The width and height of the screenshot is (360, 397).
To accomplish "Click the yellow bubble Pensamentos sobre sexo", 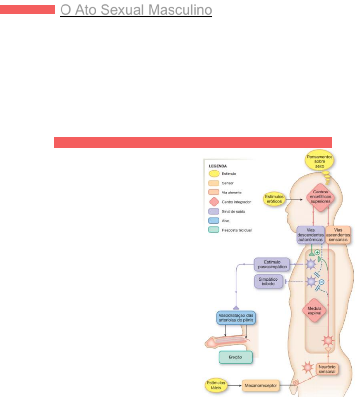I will pyautogui.click(x=319, y=161).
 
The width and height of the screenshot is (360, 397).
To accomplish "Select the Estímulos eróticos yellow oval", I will pyautogui.click(x=274, y=199).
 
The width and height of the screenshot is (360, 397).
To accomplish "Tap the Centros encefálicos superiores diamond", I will pyautogui.click(x=320, y=197).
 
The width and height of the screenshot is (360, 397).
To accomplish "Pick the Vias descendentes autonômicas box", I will pyautogui.click(x=310, y=235).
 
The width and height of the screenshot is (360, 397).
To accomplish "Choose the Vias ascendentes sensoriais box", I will pyautogui.click(x=338, y=235).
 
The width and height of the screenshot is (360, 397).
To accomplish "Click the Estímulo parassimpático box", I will pyautogui.click(x=272, y=264).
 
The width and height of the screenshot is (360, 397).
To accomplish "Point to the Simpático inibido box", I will pyautogui.click(x=268, y=281).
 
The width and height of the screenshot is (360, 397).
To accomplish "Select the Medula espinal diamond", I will pyautogui.click(x=314, y=311).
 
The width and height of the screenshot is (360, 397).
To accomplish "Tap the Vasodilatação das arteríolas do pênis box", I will pyautogui.click(x=236, y=318).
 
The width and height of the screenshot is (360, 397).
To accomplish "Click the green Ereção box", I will pyautogui.click(x=235, y=357).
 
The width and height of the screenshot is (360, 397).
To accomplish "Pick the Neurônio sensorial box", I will pyautogui.click(x=327, y=369).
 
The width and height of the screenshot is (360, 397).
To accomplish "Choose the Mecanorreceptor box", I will pyautogui.click(x=261, y=385).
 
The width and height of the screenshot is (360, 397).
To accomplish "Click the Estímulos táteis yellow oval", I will pyautogui.click(x=216, y=385).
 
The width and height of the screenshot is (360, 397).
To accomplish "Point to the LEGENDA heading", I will pyautogui.click(x=218, y=166).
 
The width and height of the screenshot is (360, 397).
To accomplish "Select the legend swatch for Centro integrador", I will pyautogui.click(x=214, y=202).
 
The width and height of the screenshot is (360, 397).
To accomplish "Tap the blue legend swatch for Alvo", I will pyautogui.click(x=214, y=221).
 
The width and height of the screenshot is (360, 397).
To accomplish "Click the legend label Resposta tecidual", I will pyautogui.click(x=236, y=230).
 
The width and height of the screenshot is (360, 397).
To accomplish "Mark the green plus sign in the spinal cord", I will pyautogui.click(x=317, y=252).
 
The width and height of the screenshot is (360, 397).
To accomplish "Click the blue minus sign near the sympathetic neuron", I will pyautogui.click(x=321, y=282).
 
